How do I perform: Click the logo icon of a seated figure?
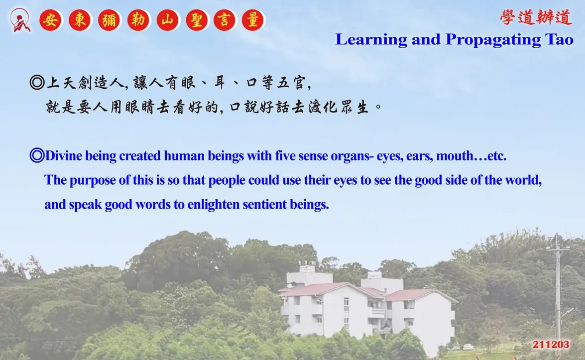click(x=20, y=20)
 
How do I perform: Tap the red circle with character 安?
click(x=51, y=20)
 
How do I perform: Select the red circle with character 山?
click(x=167, y=20)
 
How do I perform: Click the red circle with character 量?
click(x=253, y=20)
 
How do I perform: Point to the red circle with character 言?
click(x=225, y=20)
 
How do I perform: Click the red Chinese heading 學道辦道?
click(x=536, y=17)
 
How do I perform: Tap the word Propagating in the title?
click(x=492, y=40)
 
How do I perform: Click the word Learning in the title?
click(x=371, y=40)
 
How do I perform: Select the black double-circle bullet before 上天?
click(x=37, y=82)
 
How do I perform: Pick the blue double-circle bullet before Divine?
click(x=37, y=155)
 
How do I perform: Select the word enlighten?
click(x=214, y=205)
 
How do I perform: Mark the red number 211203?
click(x=551, y=345)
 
